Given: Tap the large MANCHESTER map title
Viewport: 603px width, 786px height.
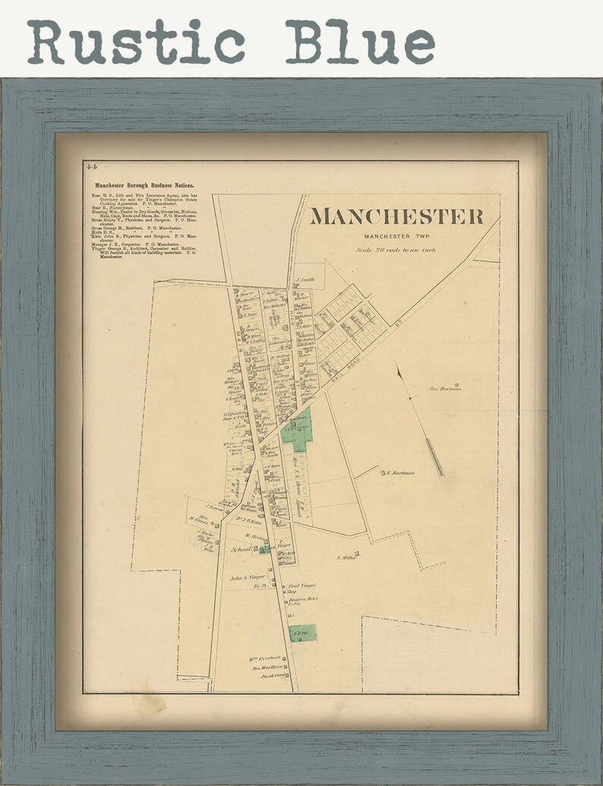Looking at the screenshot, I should pos(396,216).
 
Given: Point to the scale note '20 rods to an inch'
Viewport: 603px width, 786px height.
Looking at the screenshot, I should pos(396,250).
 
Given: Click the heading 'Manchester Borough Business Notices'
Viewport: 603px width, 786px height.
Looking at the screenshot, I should pos(144,185).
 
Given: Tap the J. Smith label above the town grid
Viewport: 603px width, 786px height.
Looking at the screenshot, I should pos(305,279).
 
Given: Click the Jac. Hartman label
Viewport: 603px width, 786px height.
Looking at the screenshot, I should pos(445,389).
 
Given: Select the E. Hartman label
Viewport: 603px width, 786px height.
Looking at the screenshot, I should pos(400,473).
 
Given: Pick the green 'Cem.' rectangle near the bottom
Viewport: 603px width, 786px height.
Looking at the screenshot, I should pos(302,632).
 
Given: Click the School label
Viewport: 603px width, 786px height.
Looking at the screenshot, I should pos(241,548).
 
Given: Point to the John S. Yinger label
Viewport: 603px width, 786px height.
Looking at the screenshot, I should pos(247,578).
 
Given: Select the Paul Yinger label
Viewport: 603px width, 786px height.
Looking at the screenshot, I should pos(301,586).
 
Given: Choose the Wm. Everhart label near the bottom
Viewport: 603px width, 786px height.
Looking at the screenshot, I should pos(265,658).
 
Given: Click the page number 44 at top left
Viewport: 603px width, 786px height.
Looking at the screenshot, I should pos(91,166).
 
